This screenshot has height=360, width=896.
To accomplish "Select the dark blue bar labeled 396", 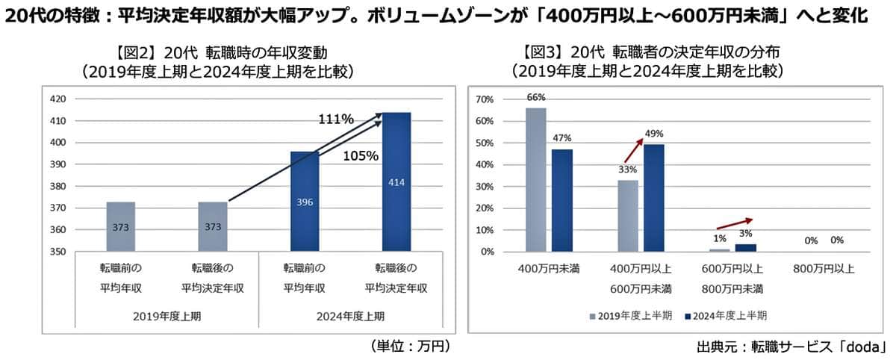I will pos(305,201).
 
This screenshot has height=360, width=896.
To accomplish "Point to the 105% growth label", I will pos(361,156).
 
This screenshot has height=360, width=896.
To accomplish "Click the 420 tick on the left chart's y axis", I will pos(58,99).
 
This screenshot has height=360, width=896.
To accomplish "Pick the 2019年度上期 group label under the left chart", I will pos(167,316).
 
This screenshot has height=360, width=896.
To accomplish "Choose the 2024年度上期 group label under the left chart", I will pos(349,316).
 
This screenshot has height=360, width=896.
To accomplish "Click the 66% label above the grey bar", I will pos(536,97).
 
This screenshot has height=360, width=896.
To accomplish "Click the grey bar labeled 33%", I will pos(629,216).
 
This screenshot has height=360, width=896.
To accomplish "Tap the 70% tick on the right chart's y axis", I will pos(485,99).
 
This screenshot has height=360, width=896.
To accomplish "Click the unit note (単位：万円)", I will pos(410,346).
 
